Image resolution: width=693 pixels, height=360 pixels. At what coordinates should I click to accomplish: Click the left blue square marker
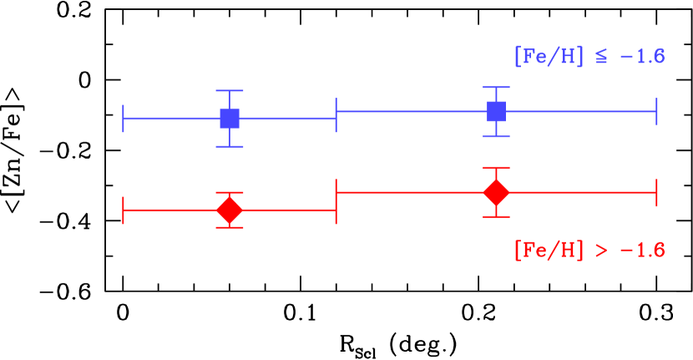230,119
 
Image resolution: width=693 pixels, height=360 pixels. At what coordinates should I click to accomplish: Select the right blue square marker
496,111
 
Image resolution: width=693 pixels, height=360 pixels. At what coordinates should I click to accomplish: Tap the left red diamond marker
230,210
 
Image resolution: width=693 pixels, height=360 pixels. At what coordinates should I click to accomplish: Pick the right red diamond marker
496,192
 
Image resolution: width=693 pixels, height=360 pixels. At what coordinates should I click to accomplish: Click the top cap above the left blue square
230,90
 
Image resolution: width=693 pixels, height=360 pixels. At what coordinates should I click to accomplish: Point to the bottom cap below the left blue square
230,146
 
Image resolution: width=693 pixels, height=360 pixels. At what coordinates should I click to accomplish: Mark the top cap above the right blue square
496,87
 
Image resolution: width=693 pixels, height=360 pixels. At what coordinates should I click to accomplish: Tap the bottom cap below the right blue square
496,136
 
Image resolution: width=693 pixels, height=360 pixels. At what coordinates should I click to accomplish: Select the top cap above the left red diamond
230,193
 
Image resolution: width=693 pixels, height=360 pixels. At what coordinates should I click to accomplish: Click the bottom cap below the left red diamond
230,227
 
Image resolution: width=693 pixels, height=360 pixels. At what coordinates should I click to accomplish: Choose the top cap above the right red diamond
496,168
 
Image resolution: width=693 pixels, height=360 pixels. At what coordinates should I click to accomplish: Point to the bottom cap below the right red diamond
496,216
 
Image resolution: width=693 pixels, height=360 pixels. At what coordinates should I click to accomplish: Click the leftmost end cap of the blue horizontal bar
124,119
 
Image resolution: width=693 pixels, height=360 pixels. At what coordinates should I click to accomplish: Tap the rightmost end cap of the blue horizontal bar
656,111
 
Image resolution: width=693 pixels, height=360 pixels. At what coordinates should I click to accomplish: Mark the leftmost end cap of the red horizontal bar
124,210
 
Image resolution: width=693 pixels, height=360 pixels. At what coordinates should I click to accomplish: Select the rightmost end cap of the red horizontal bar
656,192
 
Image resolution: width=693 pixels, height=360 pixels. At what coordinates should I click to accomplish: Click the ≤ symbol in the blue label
601,58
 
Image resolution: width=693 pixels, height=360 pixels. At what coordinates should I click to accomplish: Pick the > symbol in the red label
601,251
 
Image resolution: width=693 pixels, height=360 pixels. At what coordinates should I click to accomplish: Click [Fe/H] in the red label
549,251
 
